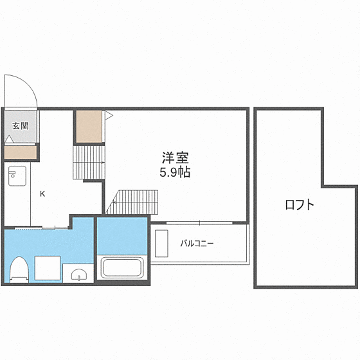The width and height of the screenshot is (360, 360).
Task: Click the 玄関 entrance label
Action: (x=21, y=126)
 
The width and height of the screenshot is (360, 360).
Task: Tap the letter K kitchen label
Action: (x=42, y=194)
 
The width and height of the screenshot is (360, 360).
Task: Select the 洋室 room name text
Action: (x=175, y=157)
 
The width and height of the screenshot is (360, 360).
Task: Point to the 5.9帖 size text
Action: (x=175, y=172)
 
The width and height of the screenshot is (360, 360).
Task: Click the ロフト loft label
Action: (x=300, y=204)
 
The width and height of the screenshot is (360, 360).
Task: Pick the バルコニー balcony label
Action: (x=197, y=243)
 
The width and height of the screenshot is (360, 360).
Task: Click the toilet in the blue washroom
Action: (x=19, y=269)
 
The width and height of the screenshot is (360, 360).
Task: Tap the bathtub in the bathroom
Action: (x=122, y=267)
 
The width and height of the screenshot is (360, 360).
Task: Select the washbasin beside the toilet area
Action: (x=79, y=274)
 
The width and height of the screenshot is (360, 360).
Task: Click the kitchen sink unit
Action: (x=17, y=176)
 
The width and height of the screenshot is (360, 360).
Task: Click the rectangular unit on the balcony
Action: (x=161, y=244)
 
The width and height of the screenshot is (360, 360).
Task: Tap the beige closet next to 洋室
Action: (x=89, y=127)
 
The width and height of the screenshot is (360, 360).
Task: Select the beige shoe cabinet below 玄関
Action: (x=21, y=152)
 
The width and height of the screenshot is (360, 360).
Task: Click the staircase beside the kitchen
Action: (x=89, y=162)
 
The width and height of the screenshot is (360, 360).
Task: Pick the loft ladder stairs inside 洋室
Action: (x=132, y=202)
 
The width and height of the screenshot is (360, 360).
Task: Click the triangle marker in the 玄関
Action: (x=9, y=139)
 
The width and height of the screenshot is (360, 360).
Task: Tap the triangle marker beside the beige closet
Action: (x=109, y=116)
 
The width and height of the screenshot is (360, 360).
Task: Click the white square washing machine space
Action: (x=48, y=268)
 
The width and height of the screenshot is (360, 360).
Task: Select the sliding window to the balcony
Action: (x=199, y=222)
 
